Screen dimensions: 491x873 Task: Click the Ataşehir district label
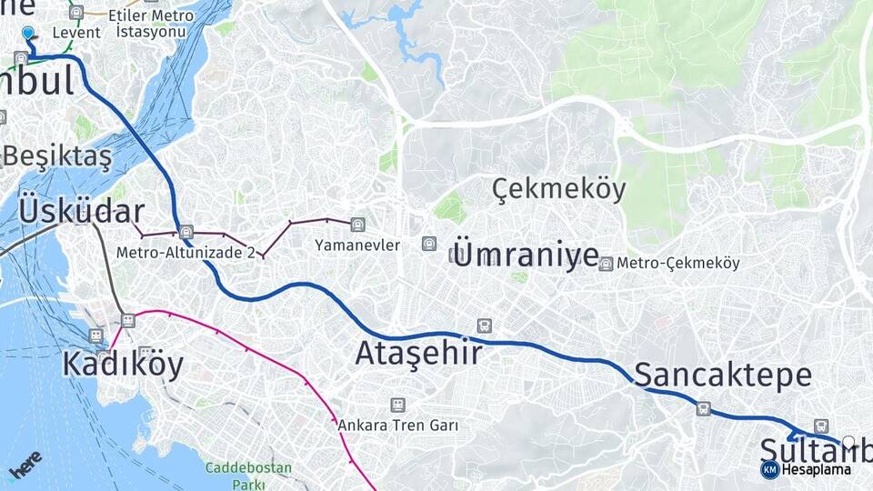[418, 353]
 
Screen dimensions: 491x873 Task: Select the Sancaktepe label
[723, 375]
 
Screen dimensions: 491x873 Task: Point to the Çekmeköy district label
[559, 189]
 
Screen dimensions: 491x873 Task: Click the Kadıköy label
[123, 364]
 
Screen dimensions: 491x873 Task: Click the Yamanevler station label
[357, 245]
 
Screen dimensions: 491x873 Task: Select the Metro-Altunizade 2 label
[186, 252]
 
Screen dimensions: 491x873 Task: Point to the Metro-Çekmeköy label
[678, 263]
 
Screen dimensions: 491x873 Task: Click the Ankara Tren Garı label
[397, 425]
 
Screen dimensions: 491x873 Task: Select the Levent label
[76, 33]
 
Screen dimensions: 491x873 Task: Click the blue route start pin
[28, 34]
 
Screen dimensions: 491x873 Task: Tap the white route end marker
[848, 442]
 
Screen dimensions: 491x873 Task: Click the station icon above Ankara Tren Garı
[397, 405]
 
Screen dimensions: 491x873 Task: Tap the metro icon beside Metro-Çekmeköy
[606, 263]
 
